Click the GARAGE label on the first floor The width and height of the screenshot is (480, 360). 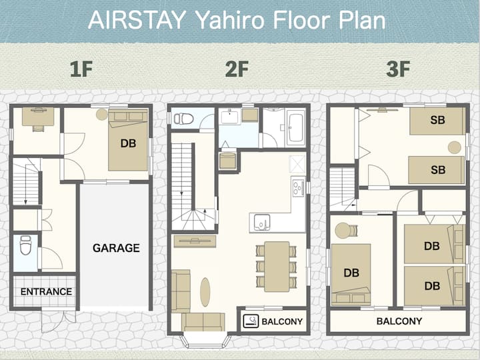coord(116,248)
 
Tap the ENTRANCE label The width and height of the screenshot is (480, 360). coord(46,291)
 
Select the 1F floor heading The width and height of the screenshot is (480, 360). coord(81,69)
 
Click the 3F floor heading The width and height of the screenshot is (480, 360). coord(398,69)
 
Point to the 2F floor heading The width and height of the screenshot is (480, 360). coord(237,69)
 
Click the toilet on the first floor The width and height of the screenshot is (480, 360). coord(26,245)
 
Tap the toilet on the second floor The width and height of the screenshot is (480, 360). coord(184,119)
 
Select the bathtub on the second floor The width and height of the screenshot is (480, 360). coord(296,128)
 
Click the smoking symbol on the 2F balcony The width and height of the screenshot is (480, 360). coord(251,321)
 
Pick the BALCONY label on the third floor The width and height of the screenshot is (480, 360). coord(399,321)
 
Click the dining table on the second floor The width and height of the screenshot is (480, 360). coord(277,266)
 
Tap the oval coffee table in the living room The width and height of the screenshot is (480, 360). coord(205,292)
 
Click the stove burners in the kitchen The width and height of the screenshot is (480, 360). coord(298,187)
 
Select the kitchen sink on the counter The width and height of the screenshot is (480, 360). coord(262,222)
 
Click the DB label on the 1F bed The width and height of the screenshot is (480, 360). coord(128,143)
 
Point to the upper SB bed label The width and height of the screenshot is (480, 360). coord(437,120)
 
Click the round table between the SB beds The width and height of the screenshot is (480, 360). coord(454,147)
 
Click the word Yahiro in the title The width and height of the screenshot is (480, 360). coord(229,20)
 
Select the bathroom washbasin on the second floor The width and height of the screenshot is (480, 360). coord(229,117)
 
